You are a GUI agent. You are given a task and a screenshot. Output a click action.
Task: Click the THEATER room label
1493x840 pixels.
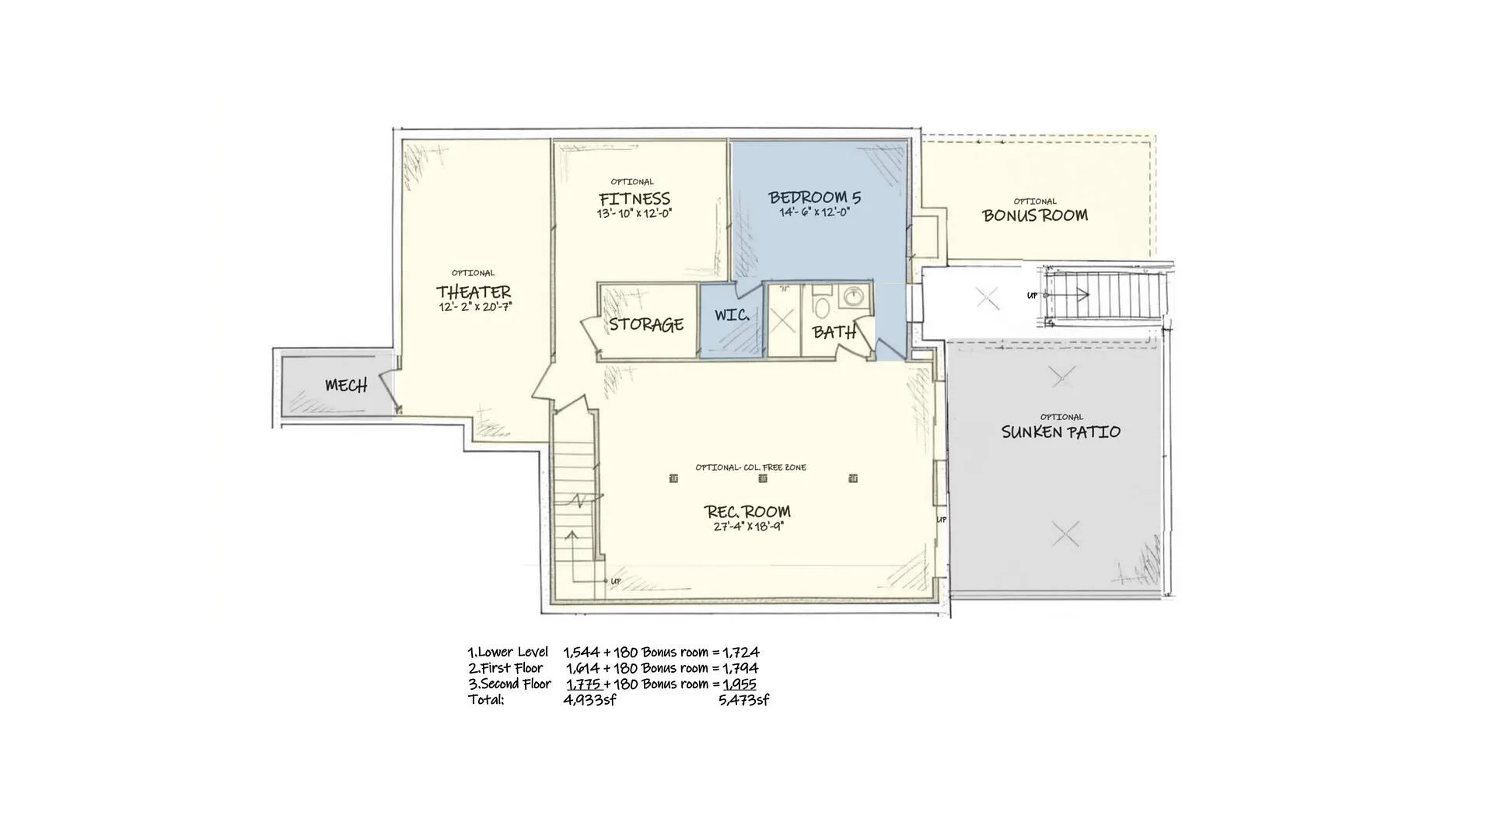[x=474, y=292]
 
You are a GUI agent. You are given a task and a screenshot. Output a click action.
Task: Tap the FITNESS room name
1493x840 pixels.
[x=635, y=198]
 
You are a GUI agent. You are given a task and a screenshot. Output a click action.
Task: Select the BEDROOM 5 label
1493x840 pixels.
[x=815, y=198]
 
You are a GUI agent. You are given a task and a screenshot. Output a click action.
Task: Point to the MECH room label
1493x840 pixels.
[x=346, y=385]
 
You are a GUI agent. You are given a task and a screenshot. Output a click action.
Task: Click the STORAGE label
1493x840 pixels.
[x=646, y=324]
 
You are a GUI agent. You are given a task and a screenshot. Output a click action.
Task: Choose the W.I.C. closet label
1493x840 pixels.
[x=732, y=315]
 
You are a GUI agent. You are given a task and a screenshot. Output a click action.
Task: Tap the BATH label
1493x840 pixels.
[x=834, y=332]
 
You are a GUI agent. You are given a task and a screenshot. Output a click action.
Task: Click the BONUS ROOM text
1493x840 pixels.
[x=1035, y=215]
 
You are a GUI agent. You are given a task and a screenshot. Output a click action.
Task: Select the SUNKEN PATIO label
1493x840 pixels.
[x=1061, y=432]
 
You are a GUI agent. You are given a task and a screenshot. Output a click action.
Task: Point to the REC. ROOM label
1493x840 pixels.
[x=747, y=511]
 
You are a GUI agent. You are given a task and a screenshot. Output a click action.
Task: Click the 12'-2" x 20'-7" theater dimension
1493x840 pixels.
[x=475, y=307]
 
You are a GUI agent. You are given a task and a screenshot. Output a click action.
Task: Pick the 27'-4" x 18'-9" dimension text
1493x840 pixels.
[x=748, y=527]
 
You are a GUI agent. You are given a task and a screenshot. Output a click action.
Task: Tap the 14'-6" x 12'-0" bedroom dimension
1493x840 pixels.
[x=815, y=212]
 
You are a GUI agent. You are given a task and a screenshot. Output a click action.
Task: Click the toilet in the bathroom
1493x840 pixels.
[x=822, y=304]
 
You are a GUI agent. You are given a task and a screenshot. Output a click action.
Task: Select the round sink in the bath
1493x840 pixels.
[x=854, y=296]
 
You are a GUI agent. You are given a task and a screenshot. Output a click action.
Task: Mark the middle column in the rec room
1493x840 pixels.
[x=763, y=478]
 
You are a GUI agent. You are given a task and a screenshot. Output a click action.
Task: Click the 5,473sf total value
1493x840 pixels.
[x=744, y=700]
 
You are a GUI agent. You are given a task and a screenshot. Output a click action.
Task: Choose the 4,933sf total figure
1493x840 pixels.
[x=590, y=700]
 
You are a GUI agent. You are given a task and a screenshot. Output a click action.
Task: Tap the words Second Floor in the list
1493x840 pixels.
[x=516, y=684]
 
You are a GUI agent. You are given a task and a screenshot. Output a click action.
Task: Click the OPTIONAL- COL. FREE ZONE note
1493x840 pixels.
[x=750, y=467]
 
